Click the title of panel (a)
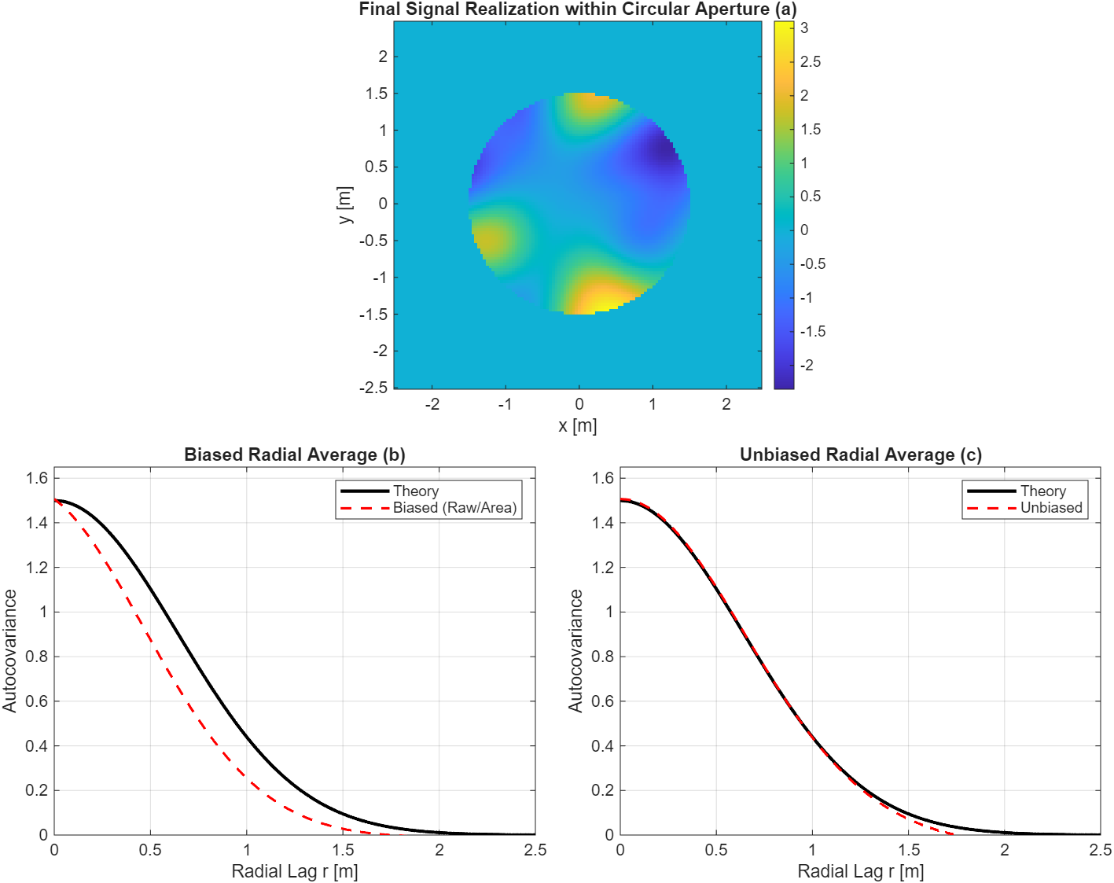click(578, 9)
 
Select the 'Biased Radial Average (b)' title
click(294, 454)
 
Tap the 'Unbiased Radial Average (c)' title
click(860, 454)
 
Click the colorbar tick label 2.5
click(810, 62)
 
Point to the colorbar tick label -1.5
click(812, 332)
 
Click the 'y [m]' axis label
click(344, 205)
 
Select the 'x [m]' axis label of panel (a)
click(577, 426)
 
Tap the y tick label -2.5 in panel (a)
click(374, 388)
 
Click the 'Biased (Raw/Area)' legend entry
click(454, 508)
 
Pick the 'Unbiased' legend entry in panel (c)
click(1050, 508)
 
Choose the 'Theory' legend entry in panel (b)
click(415, 491)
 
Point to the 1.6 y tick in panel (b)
click(36, 478)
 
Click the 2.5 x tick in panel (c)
click(1100, 850)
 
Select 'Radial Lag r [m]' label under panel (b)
click(294, 871)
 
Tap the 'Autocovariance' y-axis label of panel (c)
click(575, 651)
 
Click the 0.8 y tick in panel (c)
click(602, 657)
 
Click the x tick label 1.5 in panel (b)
click(343, 850)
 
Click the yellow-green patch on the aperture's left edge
click(487, 239)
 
